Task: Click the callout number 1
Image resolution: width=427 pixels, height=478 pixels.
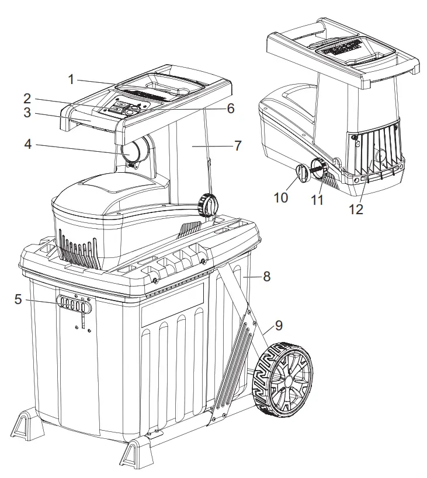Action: (71, 79)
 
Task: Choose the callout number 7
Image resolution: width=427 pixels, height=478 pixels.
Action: (238, 145)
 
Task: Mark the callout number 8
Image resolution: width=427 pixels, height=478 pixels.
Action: (266, 278)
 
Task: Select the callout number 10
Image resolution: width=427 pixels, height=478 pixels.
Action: (280, 197)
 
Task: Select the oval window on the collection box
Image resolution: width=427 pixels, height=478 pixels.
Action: (74, 303)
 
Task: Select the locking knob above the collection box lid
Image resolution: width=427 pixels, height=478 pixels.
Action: (209, 205)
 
